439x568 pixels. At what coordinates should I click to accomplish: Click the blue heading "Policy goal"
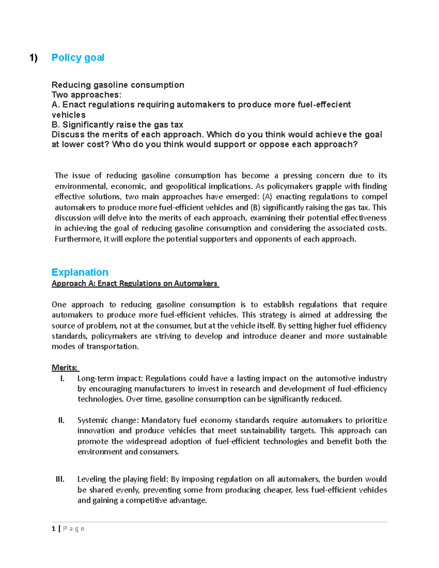[x=78, y=58]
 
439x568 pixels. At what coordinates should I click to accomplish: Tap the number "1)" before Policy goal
[x=34, y=58]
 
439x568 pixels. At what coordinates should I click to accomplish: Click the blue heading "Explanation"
[x=80, y=272]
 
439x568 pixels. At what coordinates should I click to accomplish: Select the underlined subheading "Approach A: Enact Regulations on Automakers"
[x=135, y=283]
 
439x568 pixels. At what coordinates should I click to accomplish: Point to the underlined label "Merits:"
[x=65, y=368]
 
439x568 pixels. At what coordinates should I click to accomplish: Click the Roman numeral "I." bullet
[x=62, y=378]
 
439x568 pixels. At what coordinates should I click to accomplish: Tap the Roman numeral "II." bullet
[x=61, y=420]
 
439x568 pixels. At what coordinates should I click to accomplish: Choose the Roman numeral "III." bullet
[x=60, y=479]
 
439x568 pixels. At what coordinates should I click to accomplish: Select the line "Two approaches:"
[x=86, y=95]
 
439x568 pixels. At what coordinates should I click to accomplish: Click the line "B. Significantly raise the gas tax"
[x=117, y=125]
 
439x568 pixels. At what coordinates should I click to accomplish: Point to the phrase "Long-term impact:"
[x=110, y=378]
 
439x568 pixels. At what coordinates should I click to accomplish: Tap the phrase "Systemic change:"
[x=108, y=420]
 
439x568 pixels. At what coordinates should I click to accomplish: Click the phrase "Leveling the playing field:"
[x=123, y=479]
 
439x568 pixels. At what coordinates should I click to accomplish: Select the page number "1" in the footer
[x=54, y=528]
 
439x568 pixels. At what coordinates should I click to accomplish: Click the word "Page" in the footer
[x=74, y=528]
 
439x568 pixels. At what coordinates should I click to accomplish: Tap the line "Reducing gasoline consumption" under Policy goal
[x=118, y=85]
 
